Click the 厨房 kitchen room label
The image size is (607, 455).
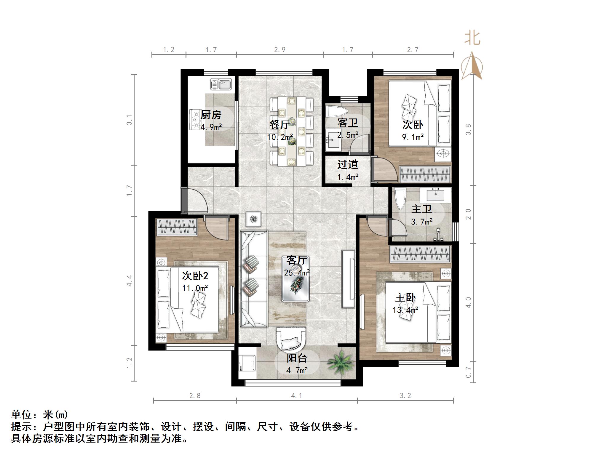(x=211, y=115)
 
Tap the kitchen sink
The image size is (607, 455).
(x=221, y=84)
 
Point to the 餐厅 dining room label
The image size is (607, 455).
(x=279, y=124)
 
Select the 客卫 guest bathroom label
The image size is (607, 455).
(x=347, y=122)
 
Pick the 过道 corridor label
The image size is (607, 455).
(x=348, y=164)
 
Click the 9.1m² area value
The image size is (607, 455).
(x=413, y=137)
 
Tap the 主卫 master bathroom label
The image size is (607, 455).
(x=421, y=209)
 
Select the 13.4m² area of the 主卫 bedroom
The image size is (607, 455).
(x=405, y=310)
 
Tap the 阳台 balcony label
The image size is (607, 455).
(x=296, y=358)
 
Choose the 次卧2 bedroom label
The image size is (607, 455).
(x=195, y=276)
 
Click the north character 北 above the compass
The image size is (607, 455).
(x=472, y=39)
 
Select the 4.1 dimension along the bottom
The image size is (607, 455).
(x=297, y=395)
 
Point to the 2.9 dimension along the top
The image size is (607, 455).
(x=279, y=49)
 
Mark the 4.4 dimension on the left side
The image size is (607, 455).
(x=130, y=280)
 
